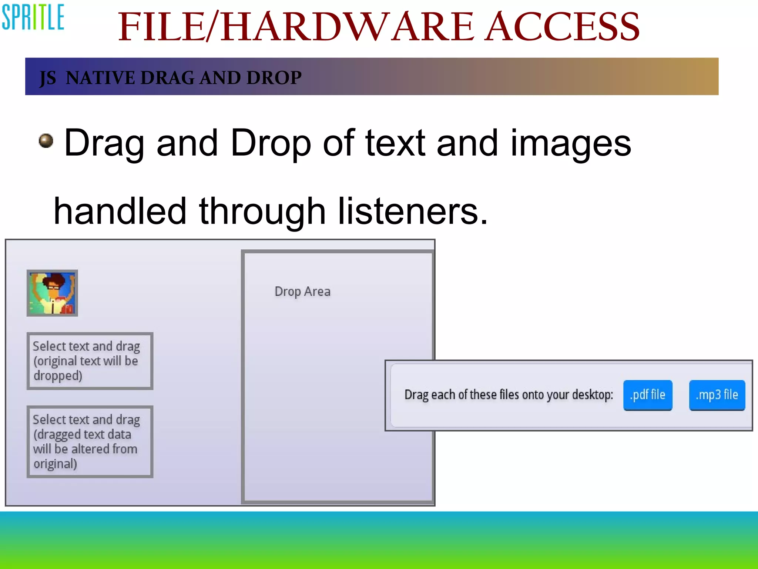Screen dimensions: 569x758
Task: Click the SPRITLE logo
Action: [x=33, y=17]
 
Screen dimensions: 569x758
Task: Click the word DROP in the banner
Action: [x=274, y=78]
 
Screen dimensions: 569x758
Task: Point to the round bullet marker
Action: [x=46, y=141]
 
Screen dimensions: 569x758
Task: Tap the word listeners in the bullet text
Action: [x=412, y=211]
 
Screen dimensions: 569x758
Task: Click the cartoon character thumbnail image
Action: [x=52, y=293]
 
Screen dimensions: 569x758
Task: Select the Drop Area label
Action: [x=302, y=292]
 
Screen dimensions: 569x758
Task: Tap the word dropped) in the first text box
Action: [x=58, y=376]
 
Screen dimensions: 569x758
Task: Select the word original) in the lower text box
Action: [x=55, y=464]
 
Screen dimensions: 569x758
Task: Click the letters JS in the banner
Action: [x=48, y=78]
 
